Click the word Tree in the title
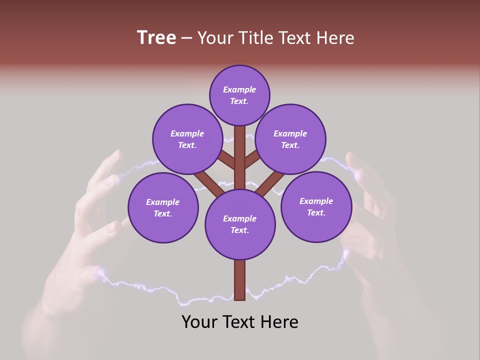[x=156, y=38]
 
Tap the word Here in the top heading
[x=335, y=38]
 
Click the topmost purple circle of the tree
[x=239, y=95]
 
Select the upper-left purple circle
[x=187, y=139]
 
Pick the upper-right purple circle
[x=290, y=139]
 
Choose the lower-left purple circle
[x=163, y=207]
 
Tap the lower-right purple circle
[x=316, y=206]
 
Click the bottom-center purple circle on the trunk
[x=240, y=224]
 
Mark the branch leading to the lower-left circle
[x=207, y=182]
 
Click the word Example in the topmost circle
[x=239, y=90]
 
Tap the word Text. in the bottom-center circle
[x=239, y=230]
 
